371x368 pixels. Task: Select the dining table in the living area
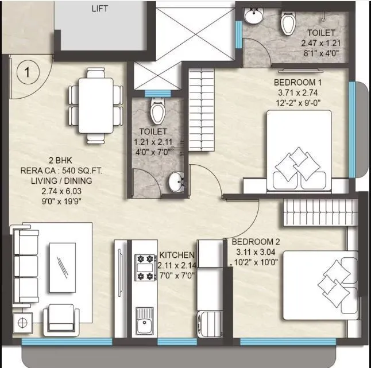pyautogui.click(x=96, y=104)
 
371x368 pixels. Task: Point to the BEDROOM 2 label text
pyautogui.click(x=255, y=242)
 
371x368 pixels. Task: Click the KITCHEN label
pyautogui.click(x=177, y=254)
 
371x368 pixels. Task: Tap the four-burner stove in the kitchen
pyautogui.click(x=146, y=267)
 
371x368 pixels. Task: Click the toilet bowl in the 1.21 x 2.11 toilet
pyautogui.click(x=156, y=109)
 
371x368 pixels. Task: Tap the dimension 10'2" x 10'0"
pyautogui.click(x=255, y=261)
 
